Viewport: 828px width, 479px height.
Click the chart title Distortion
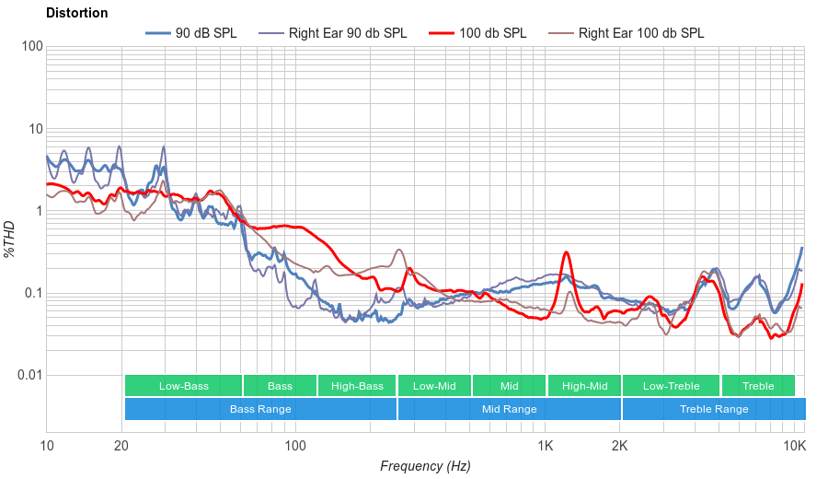76,13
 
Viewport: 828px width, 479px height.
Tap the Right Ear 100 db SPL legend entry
640,33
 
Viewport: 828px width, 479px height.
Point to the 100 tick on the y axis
30,47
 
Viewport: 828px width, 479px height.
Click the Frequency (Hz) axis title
425,466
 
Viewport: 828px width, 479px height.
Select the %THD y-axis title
11,239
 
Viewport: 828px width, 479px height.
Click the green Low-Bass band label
183,386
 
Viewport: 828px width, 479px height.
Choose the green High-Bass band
357,386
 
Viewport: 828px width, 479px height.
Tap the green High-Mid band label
584,386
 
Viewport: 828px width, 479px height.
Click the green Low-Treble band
671,386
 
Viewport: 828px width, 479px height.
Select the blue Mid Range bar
509,409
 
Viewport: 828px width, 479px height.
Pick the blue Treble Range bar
713,409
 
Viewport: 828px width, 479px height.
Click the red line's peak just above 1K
567,252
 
